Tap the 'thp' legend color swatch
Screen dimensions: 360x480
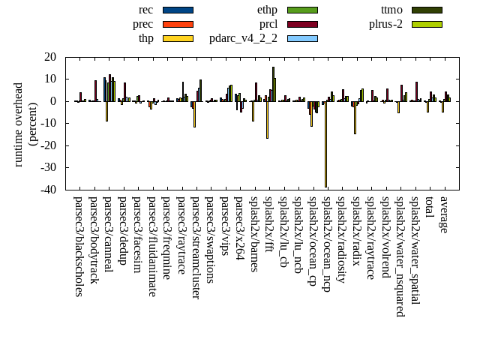[178, 38]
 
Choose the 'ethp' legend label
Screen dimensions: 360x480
[267, 10]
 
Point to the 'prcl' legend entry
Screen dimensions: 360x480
[268, 24]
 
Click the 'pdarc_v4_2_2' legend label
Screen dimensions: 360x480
[243, 38]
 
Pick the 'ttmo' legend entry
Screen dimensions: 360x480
[391, 10]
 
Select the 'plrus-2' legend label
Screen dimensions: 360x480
[385, 24]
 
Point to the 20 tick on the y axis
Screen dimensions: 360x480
[52, 57]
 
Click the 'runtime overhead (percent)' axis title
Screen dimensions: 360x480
[25, 124]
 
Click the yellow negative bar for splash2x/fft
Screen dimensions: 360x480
[267, 120]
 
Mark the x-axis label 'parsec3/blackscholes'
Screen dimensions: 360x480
[79, 246]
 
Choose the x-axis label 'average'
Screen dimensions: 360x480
[444, 214]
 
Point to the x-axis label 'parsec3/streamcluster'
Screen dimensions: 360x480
[195, 247]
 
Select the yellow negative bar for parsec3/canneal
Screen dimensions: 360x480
[106, 111]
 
